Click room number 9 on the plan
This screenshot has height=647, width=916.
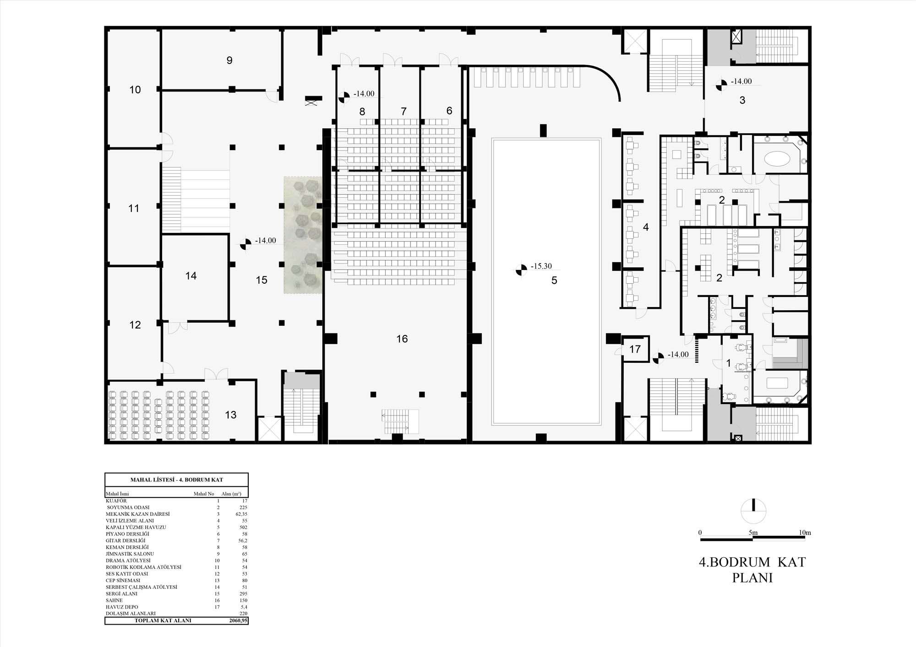(x=229, y=60)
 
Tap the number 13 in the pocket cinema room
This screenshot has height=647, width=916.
(x=230, y=415)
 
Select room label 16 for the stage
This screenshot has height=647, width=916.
(x=402, y=339)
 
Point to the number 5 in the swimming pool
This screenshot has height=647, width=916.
(x=554, y=280)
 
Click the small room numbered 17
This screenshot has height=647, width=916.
(x=635, y=349)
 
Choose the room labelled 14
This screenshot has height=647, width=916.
(x=191, y=275)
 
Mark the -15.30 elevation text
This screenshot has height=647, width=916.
(x=541, y=266)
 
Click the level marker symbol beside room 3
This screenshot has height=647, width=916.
(x=721, y=85)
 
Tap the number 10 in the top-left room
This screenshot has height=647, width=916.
(x=135, y=90)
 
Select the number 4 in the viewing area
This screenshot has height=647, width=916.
(x=646, y=227)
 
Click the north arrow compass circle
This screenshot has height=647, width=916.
(x=753, y=511)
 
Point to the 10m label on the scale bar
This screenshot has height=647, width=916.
(x=805, y=533)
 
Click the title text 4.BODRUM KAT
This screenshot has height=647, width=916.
(x=752, y=562)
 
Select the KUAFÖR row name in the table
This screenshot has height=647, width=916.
(x=116, y=501)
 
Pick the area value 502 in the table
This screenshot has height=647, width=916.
(x=243, y=527)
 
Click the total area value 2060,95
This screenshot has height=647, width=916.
(x=238, y=620)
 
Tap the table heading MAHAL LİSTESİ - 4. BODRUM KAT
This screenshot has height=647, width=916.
(x=177, y=480)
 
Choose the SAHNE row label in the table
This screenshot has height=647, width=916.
(x=114, y=600)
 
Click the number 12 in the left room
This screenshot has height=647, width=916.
(x=135, y=325)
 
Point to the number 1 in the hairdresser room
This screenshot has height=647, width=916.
(x=729, y=363)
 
